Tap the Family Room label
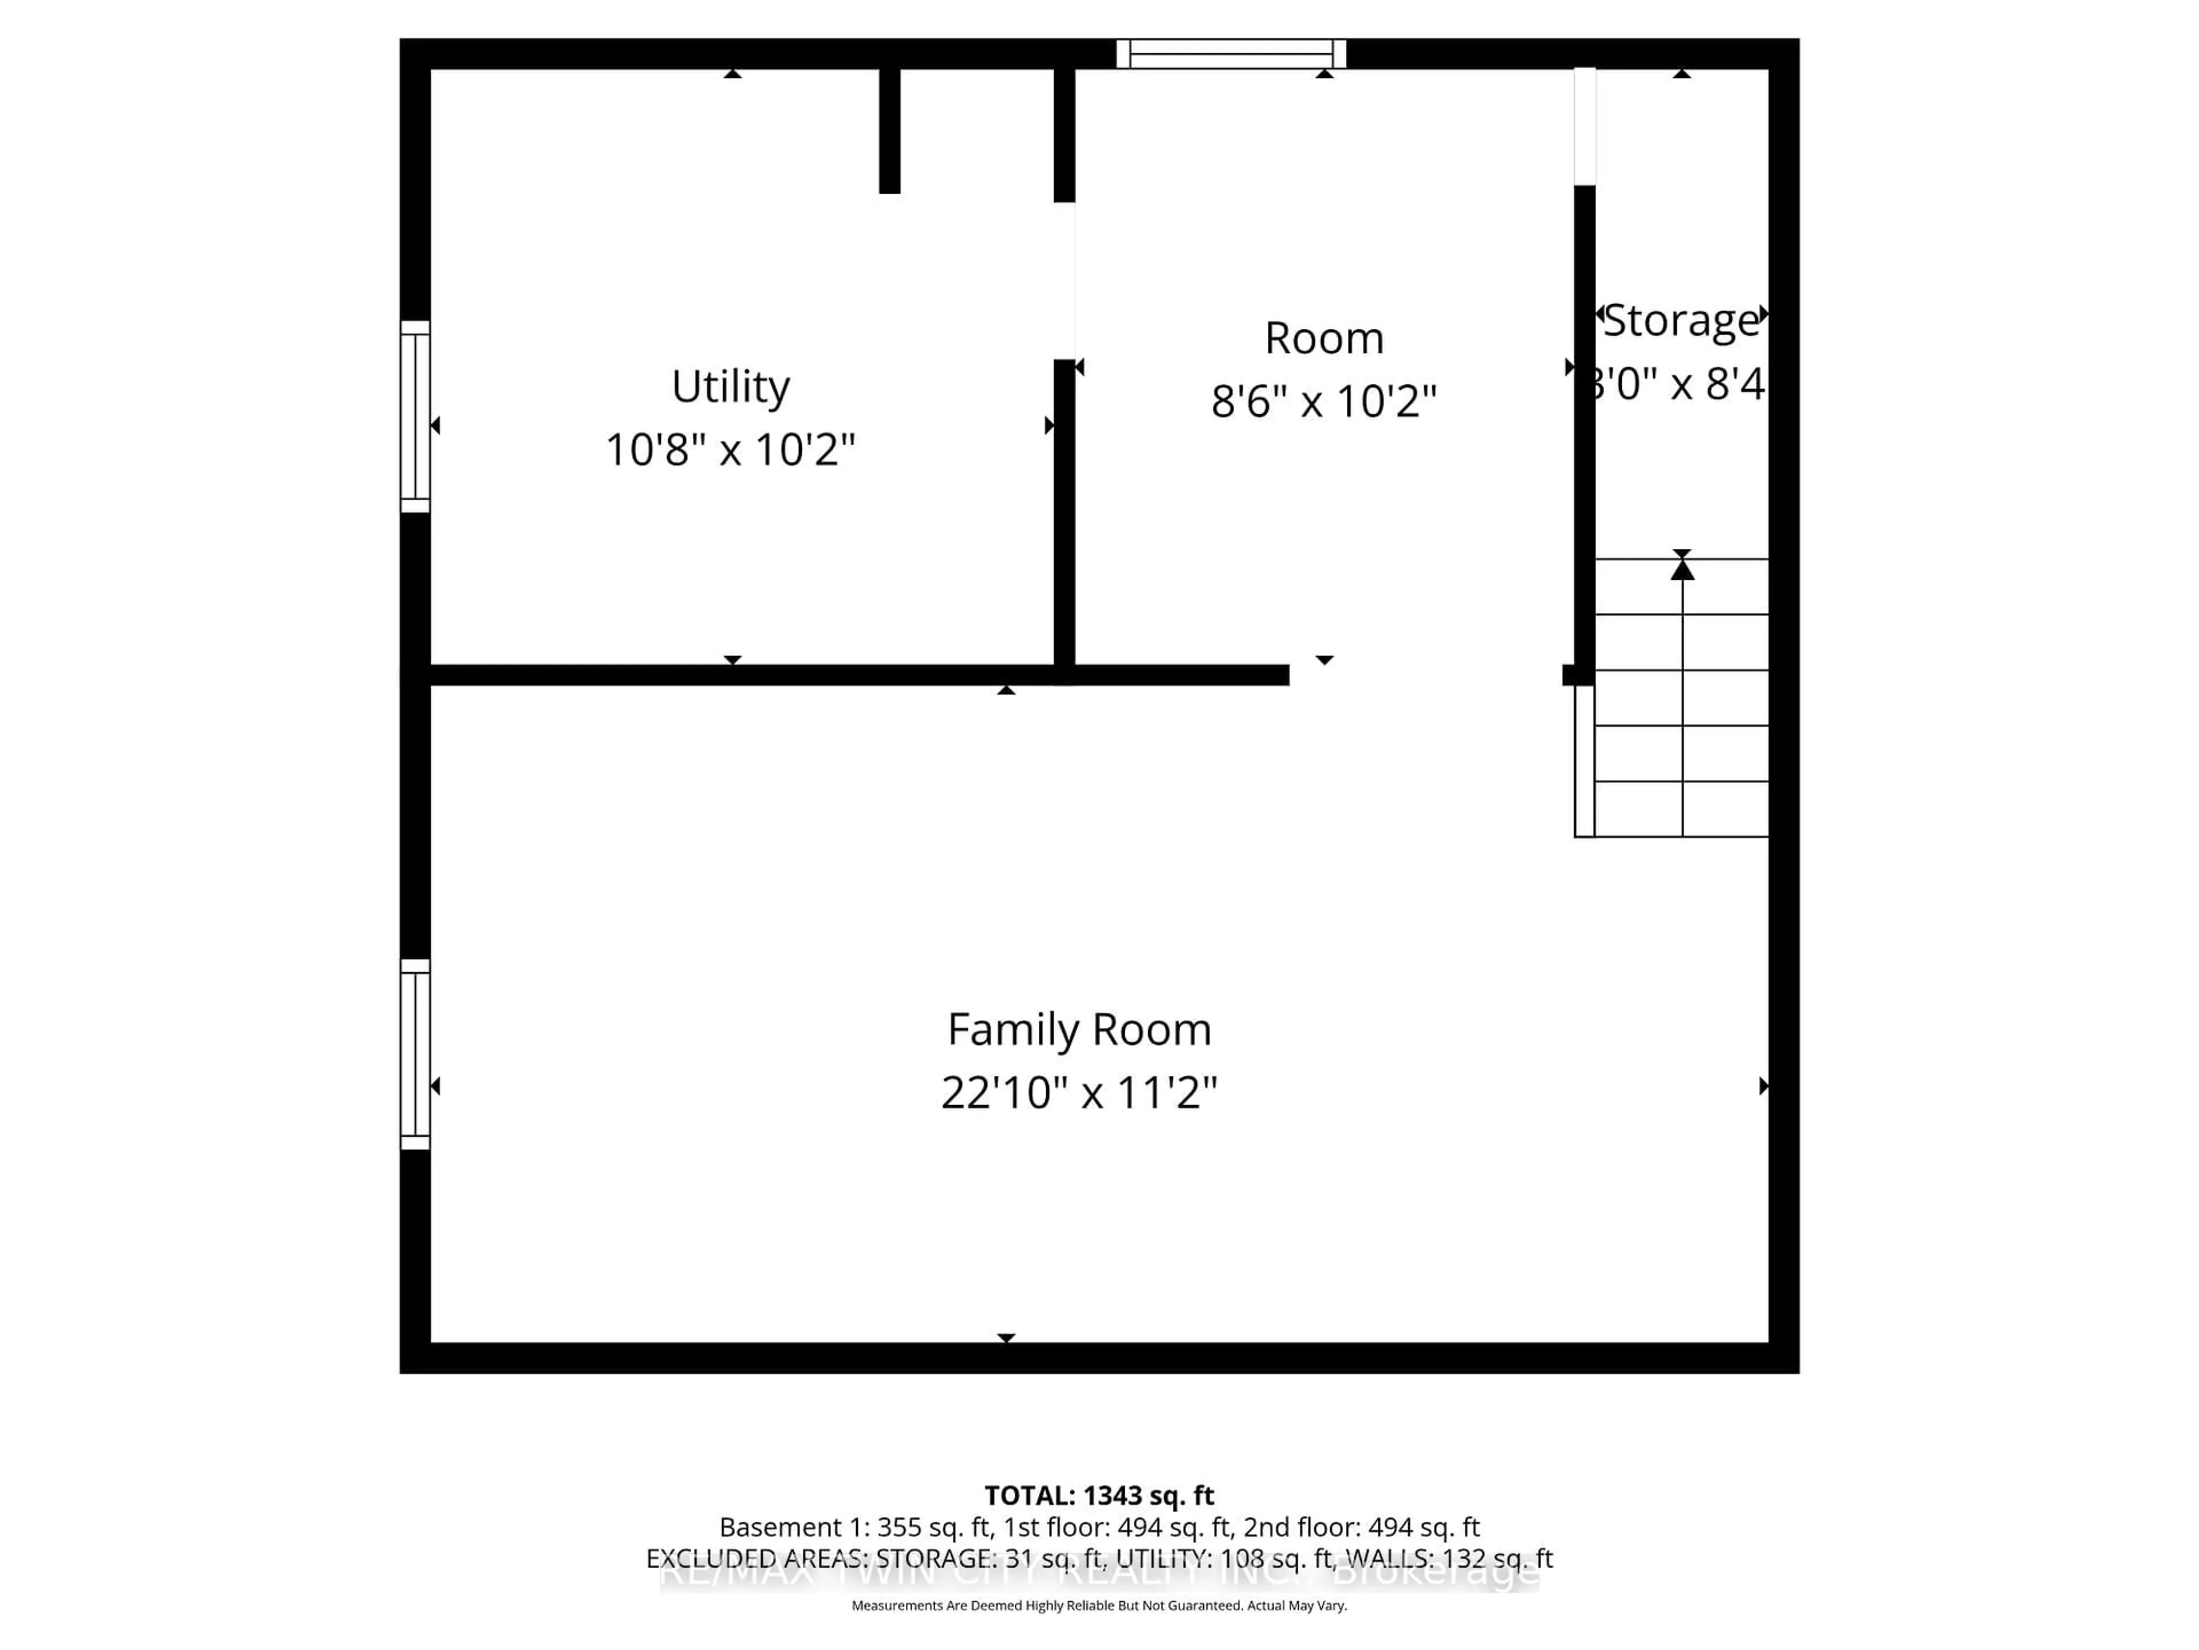tap(1079, 1030)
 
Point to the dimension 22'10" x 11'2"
tap(1079, 1093)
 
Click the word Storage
tap(1680, 320)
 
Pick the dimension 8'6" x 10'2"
tap(1323, 402)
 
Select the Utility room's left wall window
tap(415, 417)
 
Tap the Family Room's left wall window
tap(415, 1054)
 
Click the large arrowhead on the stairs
tap(1681, 569)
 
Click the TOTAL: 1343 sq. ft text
tap(1098, 1496)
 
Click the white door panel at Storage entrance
tap(1585, 126)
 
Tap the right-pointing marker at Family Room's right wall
tap(1764, 1086)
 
